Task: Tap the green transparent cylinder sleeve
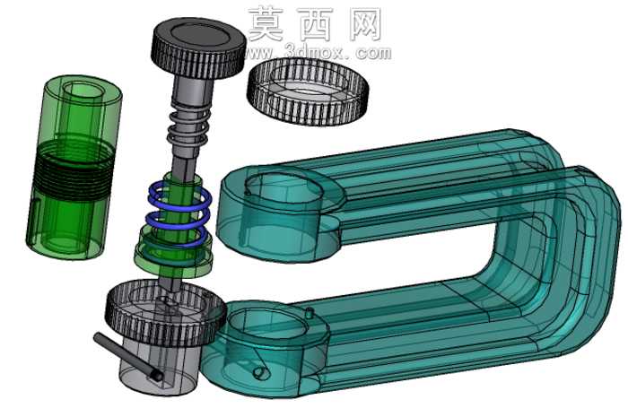coord(74,166)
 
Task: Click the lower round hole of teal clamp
coord(267,324)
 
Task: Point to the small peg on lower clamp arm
coord(309,313)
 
